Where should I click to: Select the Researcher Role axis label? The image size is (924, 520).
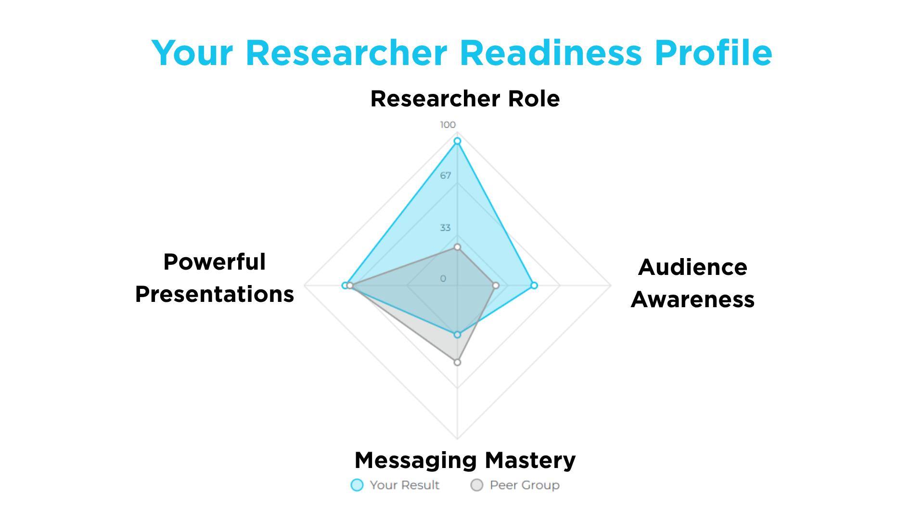click(465, 99)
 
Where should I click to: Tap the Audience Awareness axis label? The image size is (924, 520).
click(693, 283)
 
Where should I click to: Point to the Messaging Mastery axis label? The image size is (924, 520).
click(465, 461)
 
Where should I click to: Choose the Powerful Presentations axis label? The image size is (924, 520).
click(215, 278)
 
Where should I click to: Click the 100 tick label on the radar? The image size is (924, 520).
click(448, 125)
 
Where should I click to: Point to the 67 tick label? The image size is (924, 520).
click(446, 175)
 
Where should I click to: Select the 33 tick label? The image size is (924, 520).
click(445, 227)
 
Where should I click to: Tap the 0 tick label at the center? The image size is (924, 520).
click(443, 279)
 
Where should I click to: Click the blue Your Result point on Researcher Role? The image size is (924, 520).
click(457, 141)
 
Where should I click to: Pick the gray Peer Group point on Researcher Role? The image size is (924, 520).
click(457, 247)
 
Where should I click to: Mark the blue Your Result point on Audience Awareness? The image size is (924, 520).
click(534, 286)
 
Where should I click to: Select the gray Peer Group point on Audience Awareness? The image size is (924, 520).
click(496, 286)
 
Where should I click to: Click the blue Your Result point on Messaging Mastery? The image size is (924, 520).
click(457, 335)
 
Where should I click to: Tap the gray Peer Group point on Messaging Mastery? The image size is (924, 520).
click(457, 362)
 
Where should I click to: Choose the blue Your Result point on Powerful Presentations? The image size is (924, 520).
click(345, 286)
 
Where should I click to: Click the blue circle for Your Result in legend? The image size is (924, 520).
click(357, 485)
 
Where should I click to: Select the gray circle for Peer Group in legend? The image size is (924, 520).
click(476, 485)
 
